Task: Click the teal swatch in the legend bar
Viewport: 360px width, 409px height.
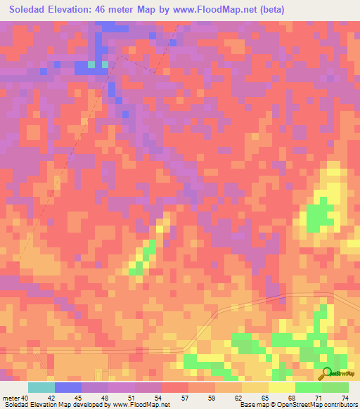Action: [x=41, y=387]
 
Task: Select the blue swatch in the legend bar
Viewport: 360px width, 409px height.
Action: [x=68, y=387]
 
